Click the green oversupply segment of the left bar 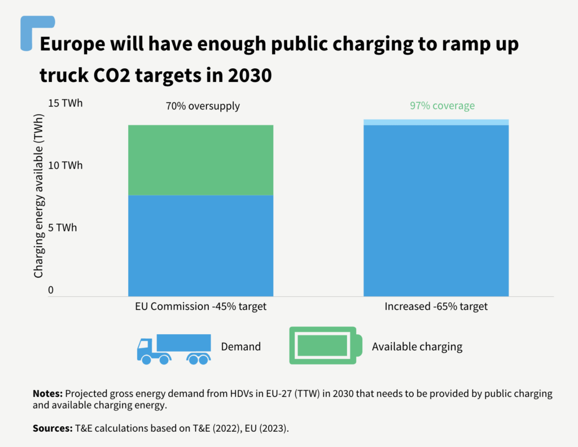pyautogui.click(x=200, y=160)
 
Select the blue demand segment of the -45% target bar pyautogui.click(x=200, y=246)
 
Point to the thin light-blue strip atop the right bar pyautogui.click(x=436, y=122)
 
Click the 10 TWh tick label pyautogui.click(x=65, y=165)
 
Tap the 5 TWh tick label pyautogui.click(x=62, y=227)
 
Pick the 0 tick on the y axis pyautogui.click(x=50, y=290)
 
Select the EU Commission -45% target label pyautogui.click(x=200, y=307)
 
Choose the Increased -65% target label pyautogui.click(x=436, y=307)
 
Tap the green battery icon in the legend pyautogui.click(x=323, y=345)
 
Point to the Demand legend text pyautogui.click(x=241, y=347)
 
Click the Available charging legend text pyautogui.click(x=417, y=347)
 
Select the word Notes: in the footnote pyautogui.click(x=48, y=393)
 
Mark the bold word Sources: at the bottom pyautogui.click(x=52, y=428)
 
